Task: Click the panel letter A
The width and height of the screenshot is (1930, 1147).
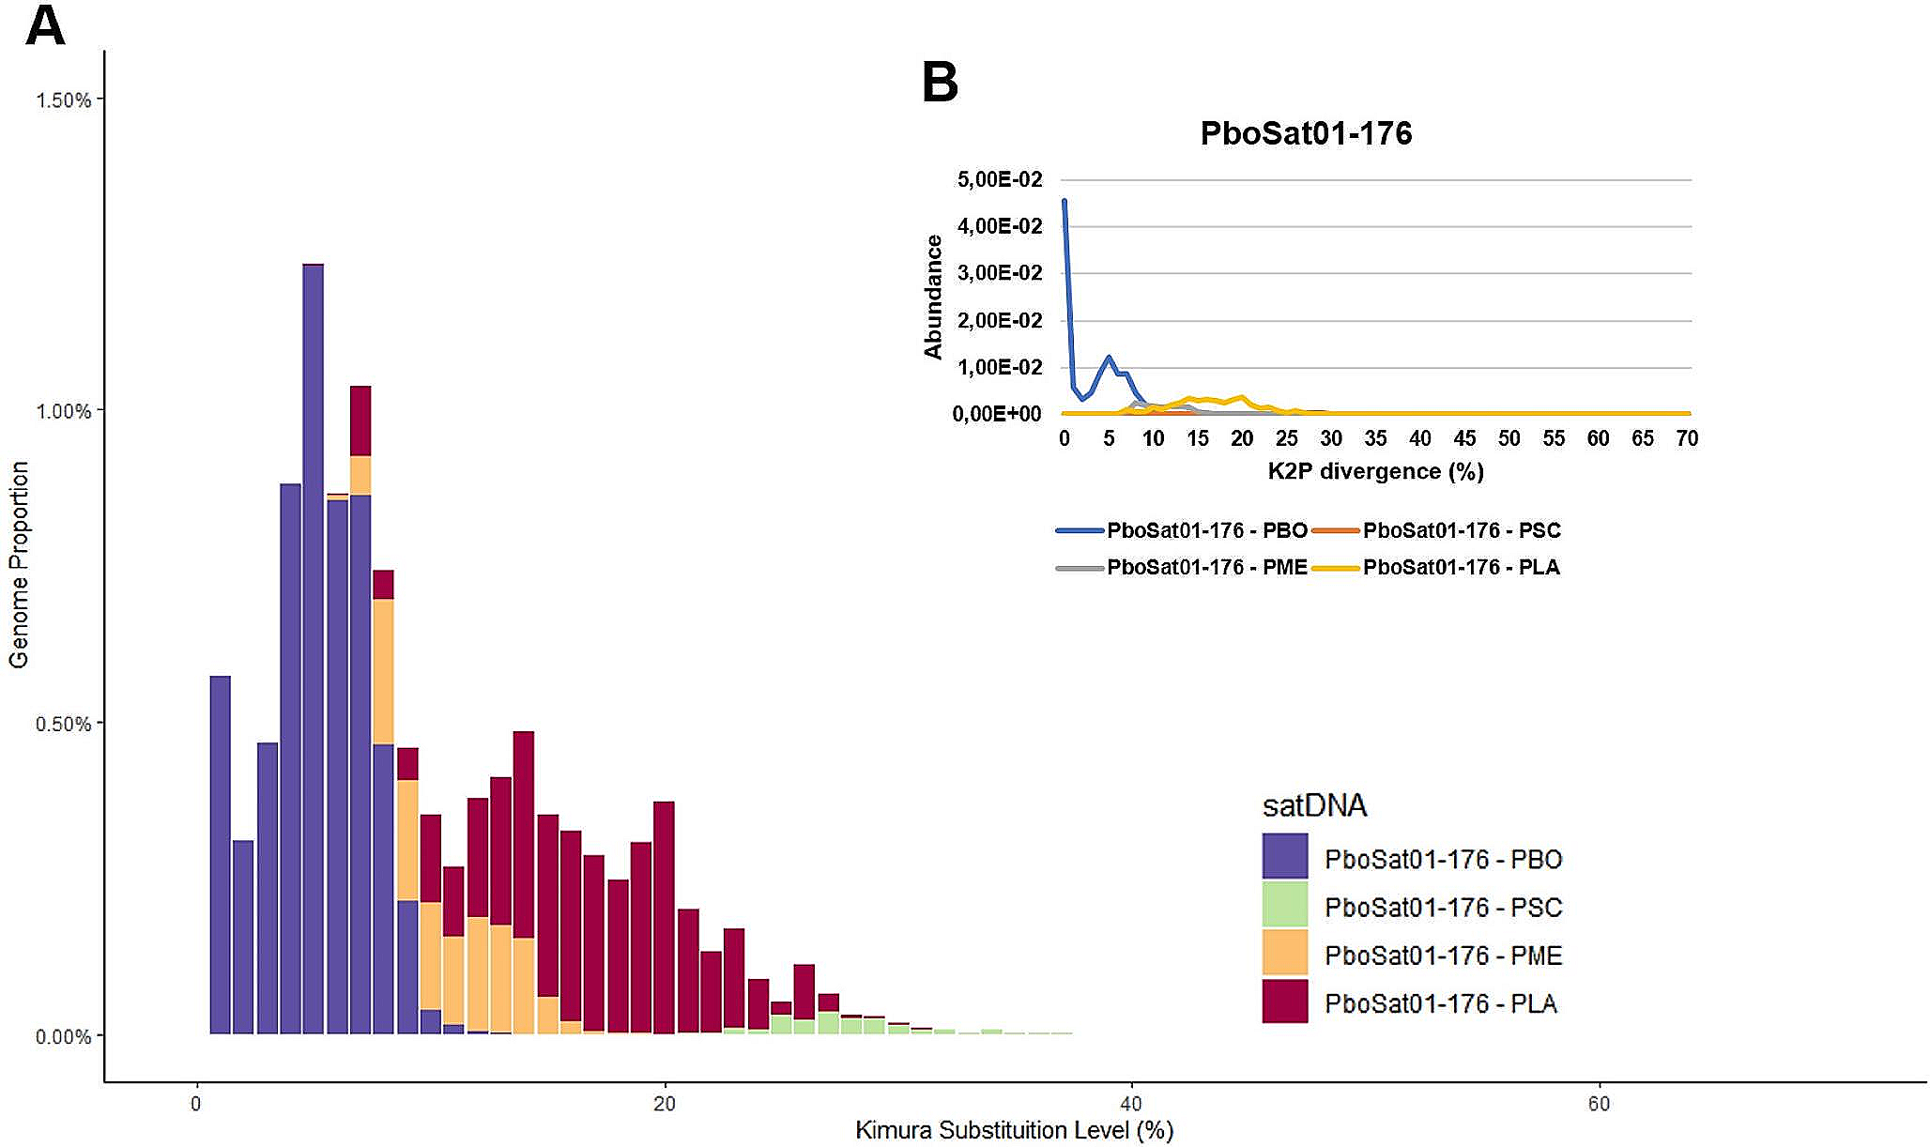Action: point(44,25)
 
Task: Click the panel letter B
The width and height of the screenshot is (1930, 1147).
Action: point(940,83)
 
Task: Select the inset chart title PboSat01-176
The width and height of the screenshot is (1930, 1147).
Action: point(1306,133)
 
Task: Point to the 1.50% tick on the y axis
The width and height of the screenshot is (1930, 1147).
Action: point(64,100)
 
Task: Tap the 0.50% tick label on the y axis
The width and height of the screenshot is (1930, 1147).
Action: point(64,725)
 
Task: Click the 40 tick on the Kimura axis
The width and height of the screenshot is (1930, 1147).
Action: point(1132,1104)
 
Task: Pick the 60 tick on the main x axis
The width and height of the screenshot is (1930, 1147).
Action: point(1599,1104)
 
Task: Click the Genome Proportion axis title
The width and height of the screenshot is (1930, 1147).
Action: point(19,564)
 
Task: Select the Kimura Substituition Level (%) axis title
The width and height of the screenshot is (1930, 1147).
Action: point(1014,1130)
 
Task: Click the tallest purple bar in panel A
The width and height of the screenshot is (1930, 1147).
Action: point(314,648)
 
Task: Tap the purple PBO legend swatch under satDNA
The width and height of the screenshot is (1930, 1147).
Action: point(1284,856)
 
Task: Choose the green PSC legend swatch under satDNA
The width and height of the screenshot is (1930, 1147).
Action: point(1284,905)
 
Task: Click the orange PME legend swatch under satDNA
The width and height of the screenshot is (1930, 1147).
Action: point(1284,953)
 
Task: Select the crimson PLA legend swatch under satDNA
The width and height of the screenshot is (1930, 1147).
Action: point(1284,1001)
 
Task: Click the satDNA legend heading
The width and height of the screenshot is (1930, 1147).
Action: point(1314,805)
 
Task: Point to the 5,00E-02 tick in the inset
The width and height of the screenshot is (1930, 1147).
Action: point(1000,179)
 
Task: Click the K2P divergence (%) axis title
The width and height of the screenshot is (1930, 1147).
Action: point(1375,471)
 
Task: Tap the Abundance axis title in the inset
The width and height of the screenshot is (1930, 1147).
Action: point(933,297)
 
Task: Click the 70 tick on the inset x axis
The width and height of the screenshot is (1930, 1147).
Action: point(1686,438)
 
